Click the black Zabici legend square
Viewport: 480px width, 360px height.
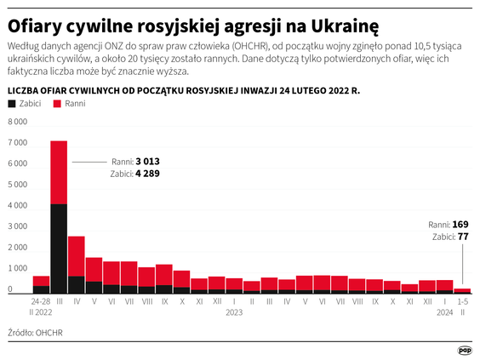[11, 103]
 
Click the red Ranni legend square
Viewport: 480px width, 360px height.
[57, 103]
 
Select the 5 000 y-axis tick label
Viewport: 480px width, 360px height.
[19, 185]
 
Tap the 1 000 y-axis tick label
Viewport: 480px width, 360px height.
[19, 269]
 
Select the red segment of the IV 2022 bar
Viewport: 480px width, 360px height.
[76, 255]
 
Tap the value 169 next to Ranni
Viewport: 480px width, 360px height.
[460, 225]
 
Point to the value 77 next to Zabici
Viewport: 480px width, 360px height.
[464, 237]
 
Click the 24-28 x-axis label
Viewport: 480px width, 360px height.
[41, 301]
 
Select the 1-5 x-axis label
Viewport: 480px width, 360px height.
[462, 301]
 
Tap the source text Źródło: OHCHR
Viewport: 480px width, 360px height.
[35, 333]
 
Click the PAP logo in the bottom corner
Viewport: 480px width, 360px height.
[465, 349]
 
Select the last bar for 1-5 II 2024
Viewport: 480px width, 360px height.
[462, 290]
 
